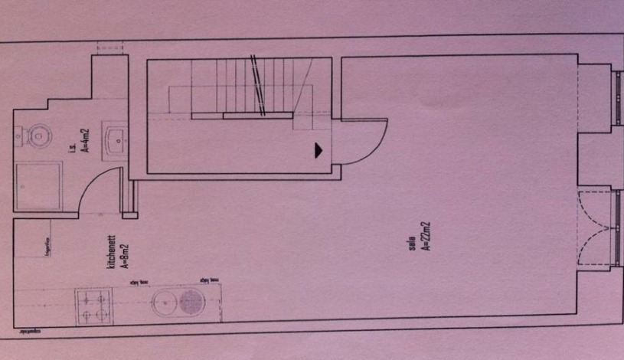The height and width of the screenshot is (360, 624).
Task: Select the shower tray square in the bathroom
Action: [39, 186]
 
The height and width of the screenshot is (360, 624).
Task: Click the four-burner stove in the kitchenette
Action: [93, 306]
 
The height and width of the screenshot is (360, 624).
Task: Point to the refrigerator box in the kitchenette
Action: [35, 244]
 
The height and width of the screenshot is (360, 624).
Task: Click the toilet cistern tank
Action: [18, 136]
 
